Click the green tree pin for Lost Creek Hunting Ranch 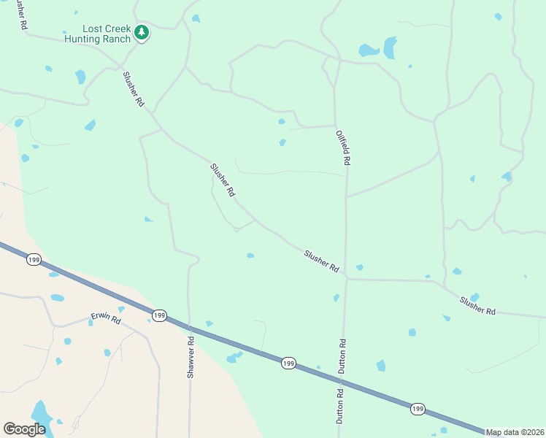click(142, 33)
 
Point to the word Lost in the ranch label click(91, 28)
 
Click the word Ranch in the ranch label click(117, 39)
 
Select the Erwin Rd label click(105, 318)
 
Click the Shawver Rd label click(191, 356)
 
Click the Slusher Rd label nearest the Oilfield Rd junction click(322, 261)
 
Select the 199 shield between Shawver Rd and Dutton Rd click(288, 363)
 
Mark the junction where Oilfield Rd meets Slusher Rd click(347, 277)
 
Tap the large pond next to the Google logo click(41, 413)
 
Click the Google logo click(24, 429)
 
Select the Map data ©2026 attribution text click(515, 432)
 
